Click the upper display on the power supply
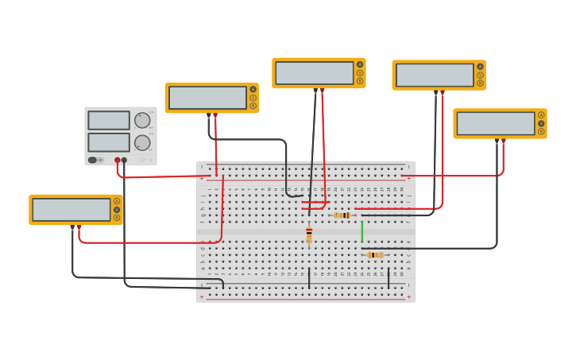[x=109, y=120]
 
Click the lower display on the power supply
[x=109, y=142]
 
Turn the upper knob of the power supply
[x=142, y=120]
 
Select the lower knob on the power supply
[x=142, y=143]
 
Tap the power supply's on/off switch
[x=93, y=160]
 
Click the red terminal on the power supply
[x=118, y=160]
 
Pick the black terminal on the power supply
[x=124, y=160]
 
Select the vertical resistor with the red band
[x=309, y=234]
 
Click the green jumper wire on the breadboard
[x=362, y=231]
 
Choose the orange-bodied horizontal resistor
[x=374, y=255]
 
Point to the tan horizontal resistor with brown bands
[x=342, y=215]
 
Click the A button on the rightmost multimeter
[x=541, y=114]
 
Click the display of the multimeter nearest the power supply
[x=208, y=98]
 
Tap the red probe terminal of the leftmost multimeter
[x=79, y=227]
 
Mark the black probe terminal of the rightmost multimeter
[x=497, y=141]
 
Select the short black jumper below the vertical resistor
[x=309, y=278]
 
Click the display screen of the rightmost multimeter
[x=496, y=123]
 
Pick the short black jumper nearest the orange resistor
[x=389, y=278]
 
